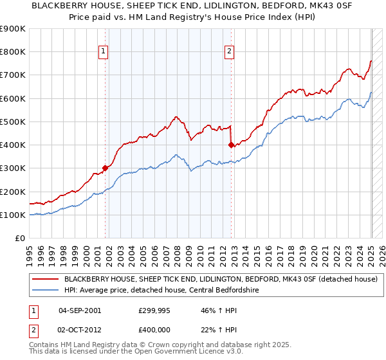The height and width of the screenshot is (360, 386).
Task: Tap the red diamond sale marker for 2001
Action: point(105,168)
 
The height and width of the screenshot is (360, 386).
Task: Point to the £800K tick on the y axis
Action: point(13,52)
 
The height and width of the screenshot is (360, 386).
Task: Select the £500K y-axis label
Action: point(13,122)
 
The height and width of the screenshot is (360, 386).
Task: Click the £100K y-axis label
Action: point(13,215)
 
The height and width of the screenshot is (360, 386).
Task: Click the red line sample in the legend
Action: point(46,279)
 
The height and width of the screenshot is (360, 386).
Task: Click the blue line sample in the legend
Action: point(46,290)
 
